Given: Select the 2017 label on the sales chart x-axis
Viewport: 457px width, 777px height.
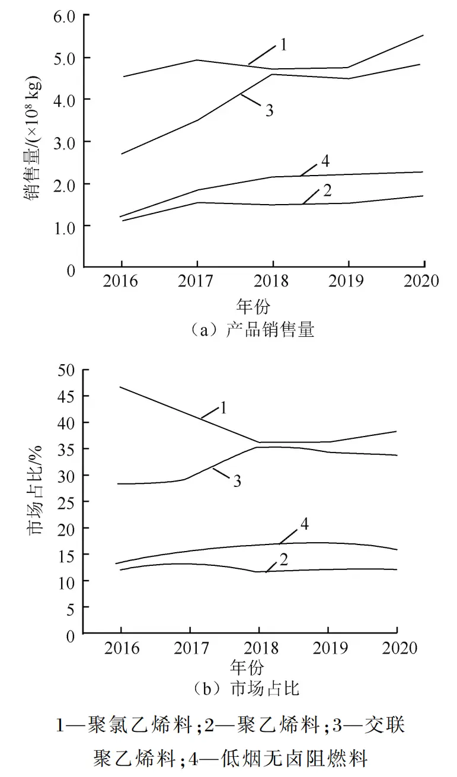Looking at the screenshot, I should coord(196,281).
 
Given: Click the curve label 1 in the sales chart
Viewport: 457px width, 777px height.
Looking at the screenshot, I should coord(283,45).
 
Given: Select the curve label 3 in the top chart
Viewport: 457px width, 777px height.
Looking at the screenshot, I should coord(269,111).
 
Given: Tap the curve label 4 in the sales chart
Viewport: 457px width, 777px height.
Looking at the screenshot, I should coord(325,161).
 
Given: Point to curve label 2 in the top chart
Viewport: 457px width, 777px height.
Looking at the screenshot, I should coord(327,191).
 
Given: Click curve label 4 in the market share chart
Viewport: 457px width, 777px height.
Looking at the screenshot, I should coord(304,524).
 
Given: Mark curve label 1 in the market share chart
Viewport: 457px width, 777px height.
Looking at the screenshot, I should coord(224,407).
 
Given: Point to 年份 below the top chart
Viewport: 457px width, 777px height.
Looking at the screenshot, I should coord(253,306).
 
